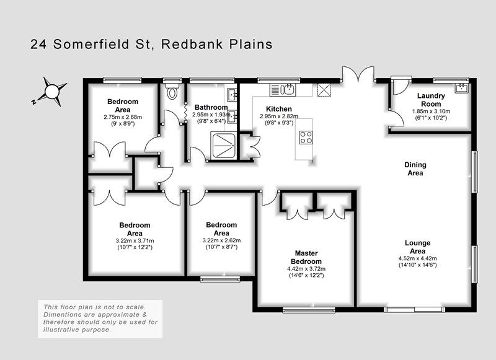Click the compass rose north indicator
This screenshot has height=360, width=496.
(x=51, y=92)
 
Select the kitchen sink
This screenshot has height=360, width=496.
(x=283, y=89)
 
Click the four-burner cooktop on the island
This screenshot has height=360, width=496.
(x=306, y=137)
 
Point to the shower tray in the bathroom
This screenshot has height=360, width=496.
(x=224, y=146)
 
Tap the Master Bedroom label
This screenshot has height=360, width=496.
(x=306, y=257)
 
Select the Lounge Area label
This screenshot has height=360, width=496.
(x=417, y=247)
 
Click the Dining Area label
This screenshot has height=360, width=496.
(x=415, y=169)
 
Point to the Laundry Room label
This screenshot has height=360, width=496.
(x=431, y=100)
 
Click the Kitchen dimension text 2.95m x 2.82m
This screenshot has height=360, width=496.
(x=279, y=116)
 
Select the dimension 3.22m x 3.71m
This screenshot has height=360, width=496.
(x=135, y=240)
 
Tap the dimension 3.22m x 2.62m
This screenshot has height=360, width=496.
(x=221, y=240)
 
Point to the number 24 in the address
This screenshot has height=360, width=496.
(x=38, y=44)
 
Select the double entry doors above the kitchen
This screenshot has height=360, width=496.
(x=358, y=74)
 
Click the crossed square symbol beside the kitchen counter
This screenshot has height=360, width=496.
(x=324, y=89)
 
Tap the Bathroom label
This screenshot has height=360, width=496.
(x=211, y=107)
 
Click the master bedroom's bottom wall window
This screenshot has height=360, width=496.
(x=309, y=310)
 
